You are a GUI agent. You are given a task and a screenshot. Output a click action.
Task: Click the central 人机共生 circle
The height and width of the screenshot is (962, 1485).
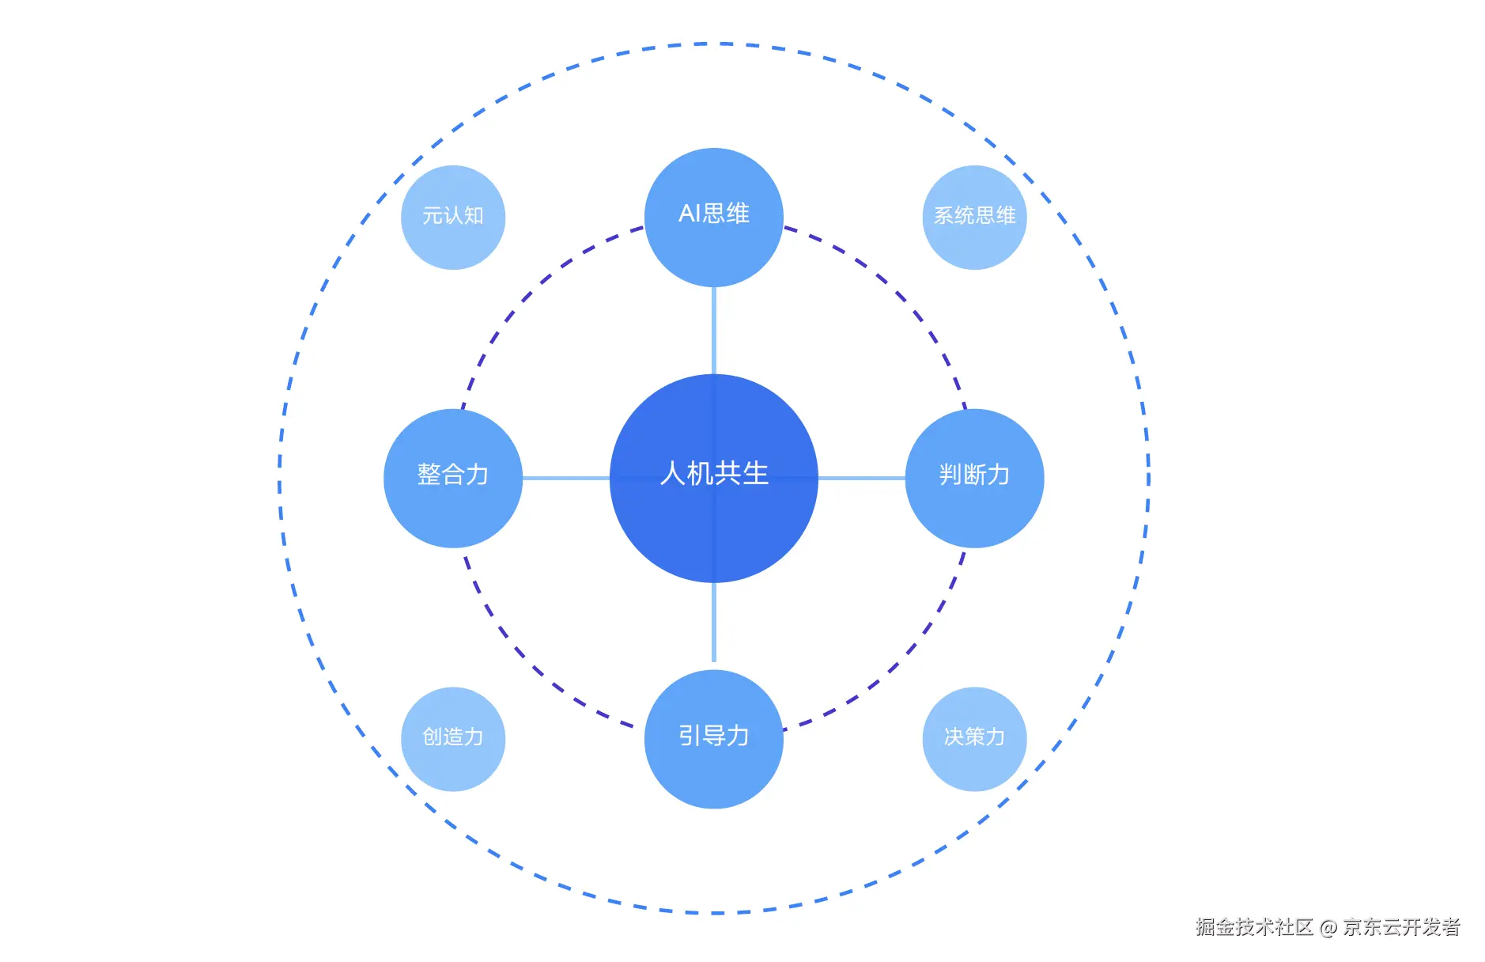[x=713, y=478]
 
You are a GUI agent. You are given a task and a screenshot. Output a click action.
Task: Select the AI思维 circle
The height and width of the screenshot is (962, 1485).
[x=713, y=217]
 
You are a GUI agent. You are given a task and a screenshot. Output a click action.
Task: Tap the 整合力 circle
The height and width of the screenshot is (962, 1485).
[x=452, y=478]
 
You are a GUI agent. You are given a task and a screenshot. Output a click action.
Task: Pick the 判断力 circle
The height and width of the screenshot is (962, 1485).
[x=974, y=478]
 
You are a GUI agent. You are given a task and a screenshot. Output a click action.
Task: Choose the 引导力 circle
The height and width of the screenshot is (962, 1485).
[x=713, y=739]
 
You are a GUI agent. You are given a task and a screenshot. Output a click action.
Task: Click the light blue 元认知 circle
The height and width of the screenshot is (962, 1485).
[x=452, y=217]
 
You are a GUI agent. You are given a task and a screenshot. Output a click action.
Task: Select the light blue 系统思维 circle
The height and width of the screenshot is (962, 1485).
[x=974, y=217]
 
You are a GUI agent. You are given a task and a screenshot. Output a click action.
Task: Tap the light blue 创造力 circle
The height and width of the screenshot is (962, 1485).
[x=452, y=739]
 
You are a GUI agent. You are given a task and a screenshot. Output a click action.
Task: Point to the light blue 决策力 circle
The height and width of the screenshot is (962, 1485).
[x=974, y=739]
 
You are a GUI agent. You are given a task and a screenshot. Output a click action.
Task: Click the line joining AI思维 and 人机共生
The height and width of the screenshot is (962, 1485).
[x=714, y=331]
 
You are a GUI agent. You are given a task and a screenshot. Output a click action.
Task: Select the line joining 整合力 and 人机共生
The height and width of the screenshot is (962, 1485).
[x=565, y=478]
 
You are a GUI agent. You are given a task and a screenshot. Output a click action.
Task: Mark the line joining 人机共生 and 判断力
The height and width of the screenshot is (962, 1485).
[x=861, y=478]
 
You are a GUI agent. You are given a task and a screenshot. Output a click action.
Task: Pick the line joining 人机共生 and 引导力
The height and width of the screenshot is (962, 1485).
[x=714, y=625]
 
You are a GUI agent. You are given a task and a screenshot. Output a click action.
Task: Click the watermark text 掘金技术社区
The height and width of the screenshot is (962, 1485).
[x=1254, y=926]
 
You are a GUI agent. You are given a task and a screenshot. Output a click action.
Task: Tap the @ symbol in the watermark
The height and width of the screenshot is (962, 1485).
[x=1328, y=927]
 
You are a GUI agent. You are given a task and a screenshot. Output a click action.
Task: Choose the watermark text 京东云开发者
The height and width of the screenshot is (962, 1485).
[x=1401, y=926]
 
